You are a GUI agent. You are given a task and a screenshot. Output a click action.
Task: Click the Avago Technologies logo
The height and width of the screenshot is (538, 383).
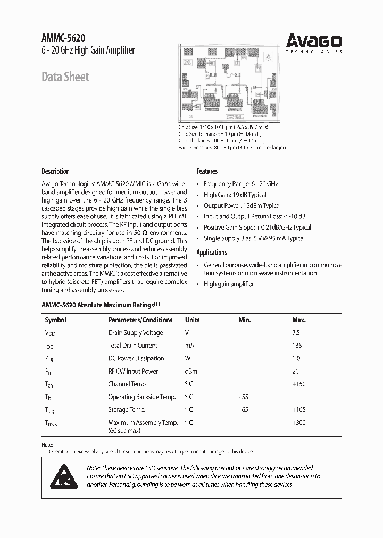[x=314, y=43]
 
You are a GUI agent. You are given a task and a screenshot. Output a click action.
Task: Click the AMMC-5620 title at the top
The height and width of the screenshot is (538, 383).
[x=63, y=38]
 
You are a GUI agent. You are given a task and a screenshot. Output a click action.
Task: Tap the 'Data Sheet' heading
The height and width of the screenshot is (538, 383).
[x=65, y=77]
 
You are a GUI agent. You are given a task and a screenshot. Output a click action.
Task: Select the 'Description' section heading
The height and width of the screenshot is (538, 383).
[x=55, y=171]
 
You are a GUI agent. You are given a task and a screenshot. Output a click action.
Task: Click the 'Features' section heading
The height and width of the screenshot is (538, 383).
[x=207, y=171]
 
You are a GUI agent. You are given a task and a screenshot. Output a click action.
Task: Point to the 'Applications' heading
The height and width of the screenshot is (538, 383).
[x=212, y=253]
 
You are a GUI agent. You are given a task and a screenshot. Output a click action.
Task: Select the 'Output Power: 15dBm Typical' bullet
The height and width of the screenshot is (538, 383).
[x=242, y=206]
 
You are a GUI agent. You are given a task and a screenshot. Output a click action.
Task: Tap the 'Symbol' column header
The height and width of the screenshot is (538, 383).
[x=55, y=320]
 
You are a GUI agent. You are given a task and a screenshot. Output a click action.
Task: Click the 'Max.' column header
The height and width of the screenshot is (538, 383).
[x=299, y=320]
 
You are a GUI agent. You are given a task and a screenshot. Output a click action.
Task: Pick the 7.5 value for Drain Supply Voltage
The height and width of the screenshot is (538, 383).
[x=296, y=333]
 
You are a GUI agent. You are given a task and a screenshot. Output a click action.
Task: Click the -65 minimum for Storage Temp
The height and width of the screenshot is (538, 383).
[x=243, y=410]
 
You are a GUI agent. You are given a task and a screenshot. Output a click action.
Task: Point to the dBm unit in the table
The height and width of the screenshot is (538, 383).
[x=191, y=372]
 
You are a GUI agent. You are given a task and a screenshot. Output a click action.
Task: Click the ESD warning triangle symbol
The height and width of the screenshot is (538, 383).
[x=64, y=476]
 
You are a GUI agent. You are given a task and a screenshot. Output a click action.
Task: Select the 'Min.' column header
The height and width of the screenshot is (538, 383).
[x=244, y=320]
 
